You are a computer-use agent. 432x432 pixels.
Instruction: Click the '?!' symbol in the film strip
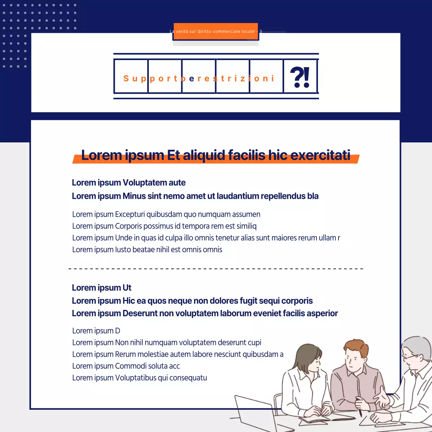[x=300, y=77]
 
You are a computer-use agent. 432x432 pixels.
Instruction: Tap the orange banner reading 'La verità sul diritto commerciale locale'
[x=216, y=31]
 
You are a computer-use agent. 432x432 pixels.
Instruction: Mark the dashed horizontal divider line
[x=216, y=269]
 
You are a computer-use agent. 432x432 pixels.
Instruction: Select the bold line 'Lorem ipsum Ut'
[x=102, y=288]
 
